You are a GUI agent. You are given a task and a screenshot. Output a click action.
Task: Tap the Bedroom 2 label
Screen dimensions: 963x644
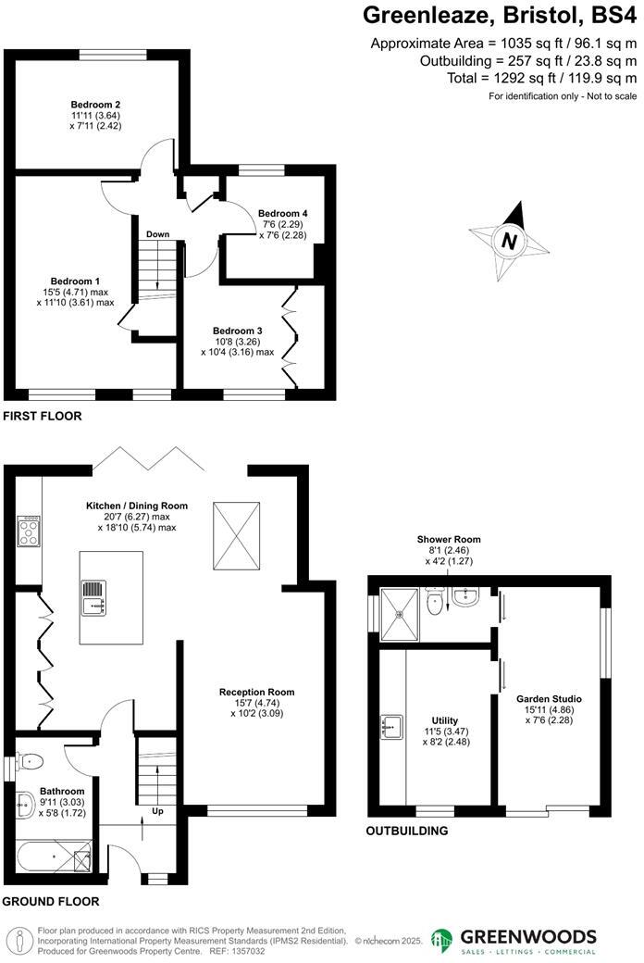tap(97, 105)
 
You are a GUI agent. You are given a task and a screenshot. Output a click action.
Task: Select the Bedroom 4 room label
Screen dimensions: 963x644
tap(282, 213)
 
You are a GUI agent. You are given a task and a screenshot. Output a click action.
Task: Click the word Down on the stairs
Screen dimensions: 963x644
tap(157, 234)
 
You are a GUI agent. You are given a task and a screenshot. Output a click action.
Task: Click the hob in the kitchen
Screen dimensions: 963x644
tap(28, 532)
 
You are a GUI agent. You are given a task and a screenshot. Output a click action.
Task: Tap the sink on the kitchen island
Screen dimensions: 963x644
tap(93, 598)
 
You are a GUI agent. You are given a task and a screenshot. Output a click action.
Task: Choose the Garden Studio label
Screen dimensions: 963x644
tap(551, 698)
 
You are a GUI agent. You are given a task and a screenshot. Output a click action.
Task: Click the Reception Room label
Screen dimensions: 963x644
tap(256, 692)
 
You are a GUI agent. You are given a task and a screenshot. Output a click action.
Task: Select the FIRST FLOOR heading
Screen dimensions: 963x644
tap(43, 417)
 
